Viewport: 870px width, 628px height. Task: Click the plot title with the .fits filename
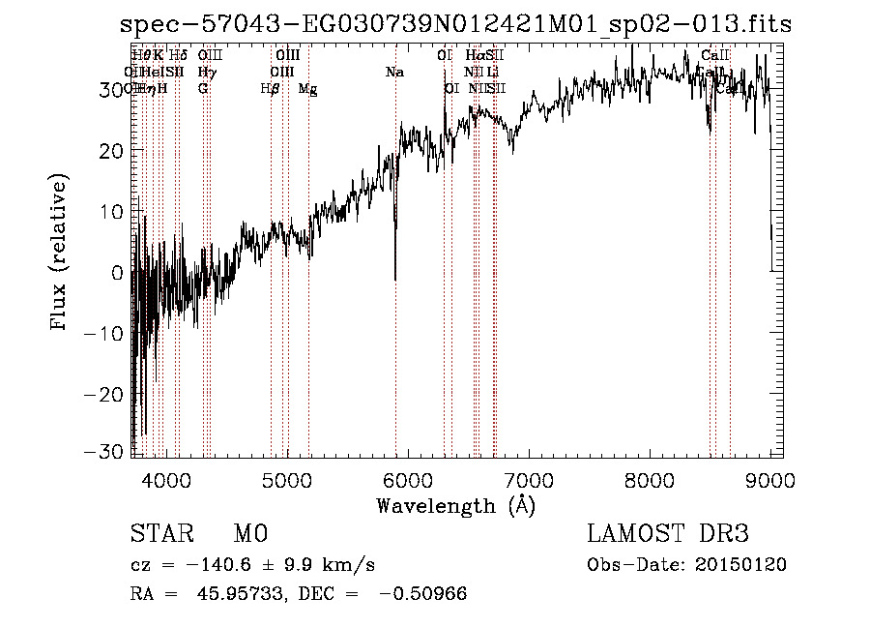454,26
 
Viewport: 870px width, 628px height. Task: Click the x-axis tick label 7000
528,479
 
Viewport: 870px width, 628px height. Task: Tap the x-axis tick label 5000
286,479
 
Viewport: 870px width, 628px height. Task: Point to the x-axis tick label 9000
769,479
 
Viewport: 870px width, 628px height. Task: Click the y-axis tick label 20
113,151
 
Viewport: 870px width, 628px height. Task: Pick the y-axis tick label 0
118,273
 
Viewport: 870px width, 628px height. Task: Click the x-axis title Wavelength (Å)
455,505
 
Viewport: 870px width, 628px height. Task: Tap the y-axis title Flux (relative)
61,254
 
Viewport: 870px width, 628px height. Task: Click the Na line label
394,73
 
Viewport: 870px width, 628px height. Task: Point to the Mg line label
307,89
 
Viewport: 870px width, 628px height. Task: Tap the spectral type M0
249,534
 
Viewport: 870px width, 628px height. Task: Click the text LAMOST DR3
668,534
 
